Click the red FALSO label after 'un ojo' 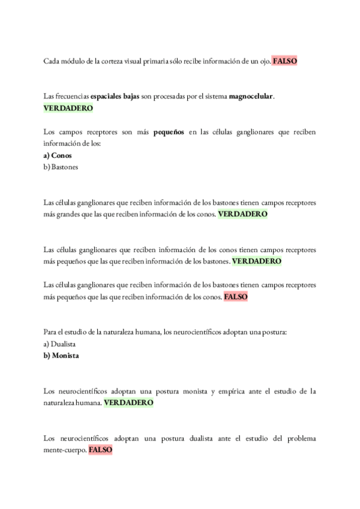pos(285,61)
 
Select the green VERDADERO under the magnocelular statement pos(68,109)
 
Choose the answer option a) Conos pos(58,155)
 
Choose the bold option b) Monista pos(62,355)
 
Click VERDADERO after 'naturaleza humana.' pos(128,402)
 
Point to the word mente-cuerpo pos(65,450)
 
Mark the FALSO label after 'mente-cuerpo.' pos(100,450)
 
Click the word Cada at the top pos(52,61)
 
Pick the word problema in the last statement pos(301,438)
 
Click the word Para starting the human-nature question pos(52,332)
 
